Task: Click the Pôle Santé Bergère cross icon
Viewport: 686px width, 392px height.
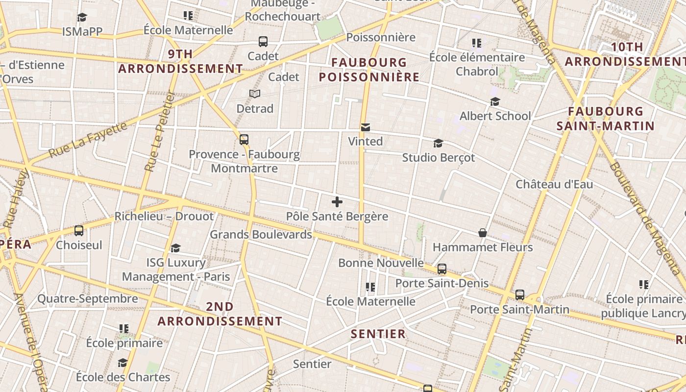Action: pos(337,201)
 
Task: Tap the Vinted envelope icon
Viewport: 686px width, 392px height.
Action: pos(365,127)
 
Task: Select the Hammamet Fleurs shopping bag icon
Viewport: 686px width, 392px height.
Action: pos(483,233)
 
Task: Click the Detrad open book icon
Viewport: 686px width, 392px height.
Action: pos(255,94)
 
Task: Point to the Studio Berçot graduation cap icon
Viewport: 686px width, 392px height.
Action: pos(438,143)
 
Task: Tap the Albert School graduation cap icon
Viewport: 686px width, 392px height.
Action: pos(495,101)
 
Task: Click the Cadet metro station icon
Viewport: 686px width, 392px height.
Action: pos(263,42)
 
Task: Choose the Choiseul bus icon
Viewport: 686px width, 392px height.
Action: pos(79,230)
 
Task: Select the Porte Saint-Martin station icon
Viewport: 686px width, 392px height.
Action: pos(520,295)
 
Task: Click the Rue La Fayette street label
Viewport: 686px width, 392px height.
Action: pos(89,142)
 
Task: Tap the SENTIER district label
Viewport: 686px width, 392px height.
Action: pos(378,334)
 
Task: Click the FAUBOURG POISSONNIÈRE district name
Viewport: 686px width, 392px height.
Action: pos(369,70)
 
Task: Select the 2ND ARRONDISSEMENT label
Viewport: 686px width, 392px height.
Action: pos(220,314)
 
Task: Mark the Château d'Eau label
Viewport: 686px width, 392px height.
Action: pos(554,184)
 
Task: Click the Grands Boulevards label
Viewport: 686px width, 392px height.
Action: pos(261,235)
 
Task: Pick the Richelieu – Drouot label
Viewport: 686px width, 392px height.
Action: pos(164,217)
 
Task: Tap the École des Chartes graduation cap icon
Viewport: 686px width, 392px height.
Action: pos(122,363)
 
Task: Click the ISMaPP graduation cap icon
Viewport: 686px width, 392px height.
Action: pos(82,18)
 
